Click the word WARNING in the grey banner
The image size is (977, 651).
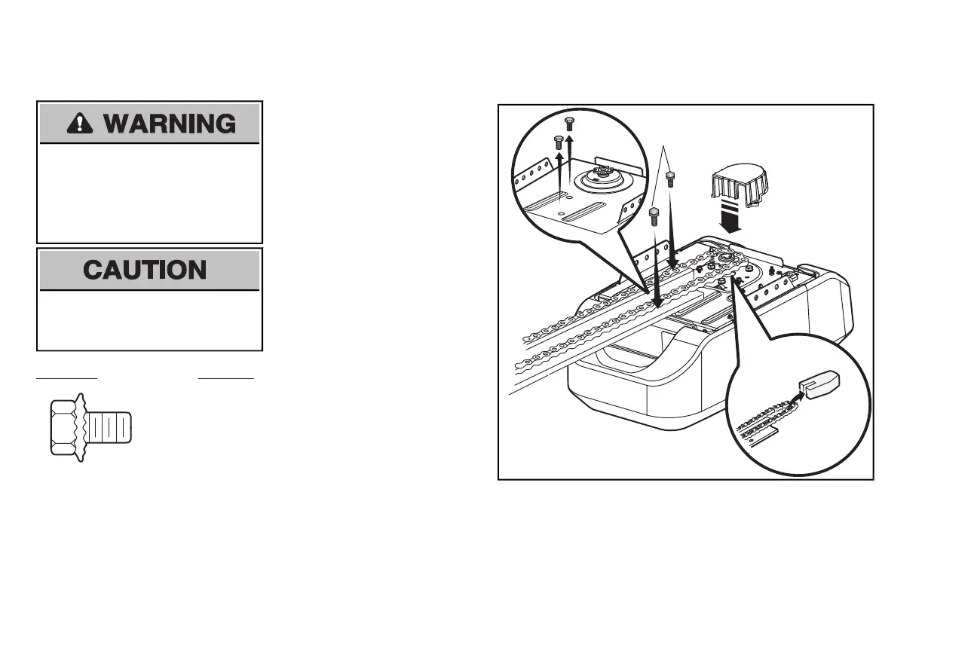[x=170, y=124]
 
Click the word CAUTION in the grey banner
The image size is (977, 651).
[x=145, y=270]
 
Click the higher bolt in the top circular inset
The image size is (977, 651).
[x=570, y=124]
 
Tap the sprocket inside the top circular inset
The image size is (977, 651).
[x=599, y=182]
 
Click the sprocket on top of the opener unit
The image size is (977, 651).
[x=727, y=261]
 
